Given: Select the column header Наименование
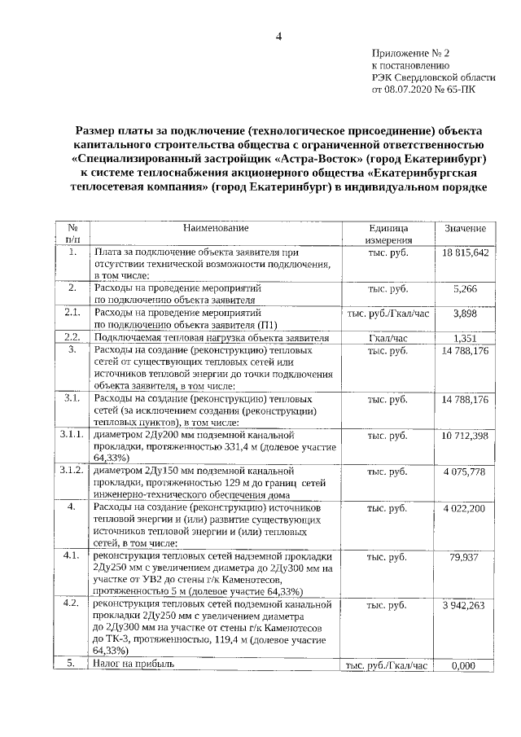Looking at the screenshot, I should pos(216,229).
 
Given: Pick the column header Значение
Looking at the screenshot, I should pos(465,230).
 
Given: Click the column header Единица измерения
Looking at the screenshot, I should pos(387,235).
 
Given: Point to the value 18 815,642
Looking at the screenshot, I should pos(465,253).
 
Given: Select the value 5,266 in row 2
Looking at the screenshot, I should pos(465,289).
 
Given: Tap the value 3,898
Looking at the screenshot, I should pos(465,313).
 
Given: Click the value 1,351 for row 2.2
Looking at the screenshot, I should pos(465,337).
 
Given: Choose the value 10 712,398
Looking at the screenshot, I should pos(465,436).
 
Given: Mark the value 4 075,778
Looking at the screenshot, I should pos(465,472).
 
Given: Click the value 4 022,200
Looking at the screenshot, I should pos(465,508).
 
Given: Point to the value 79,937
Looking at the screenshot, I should pos(465,557).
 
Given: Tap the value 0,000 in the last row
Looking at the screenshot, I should pos(465,665).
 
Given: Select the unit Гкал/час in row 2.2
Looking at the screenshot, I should pos(387,337).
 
